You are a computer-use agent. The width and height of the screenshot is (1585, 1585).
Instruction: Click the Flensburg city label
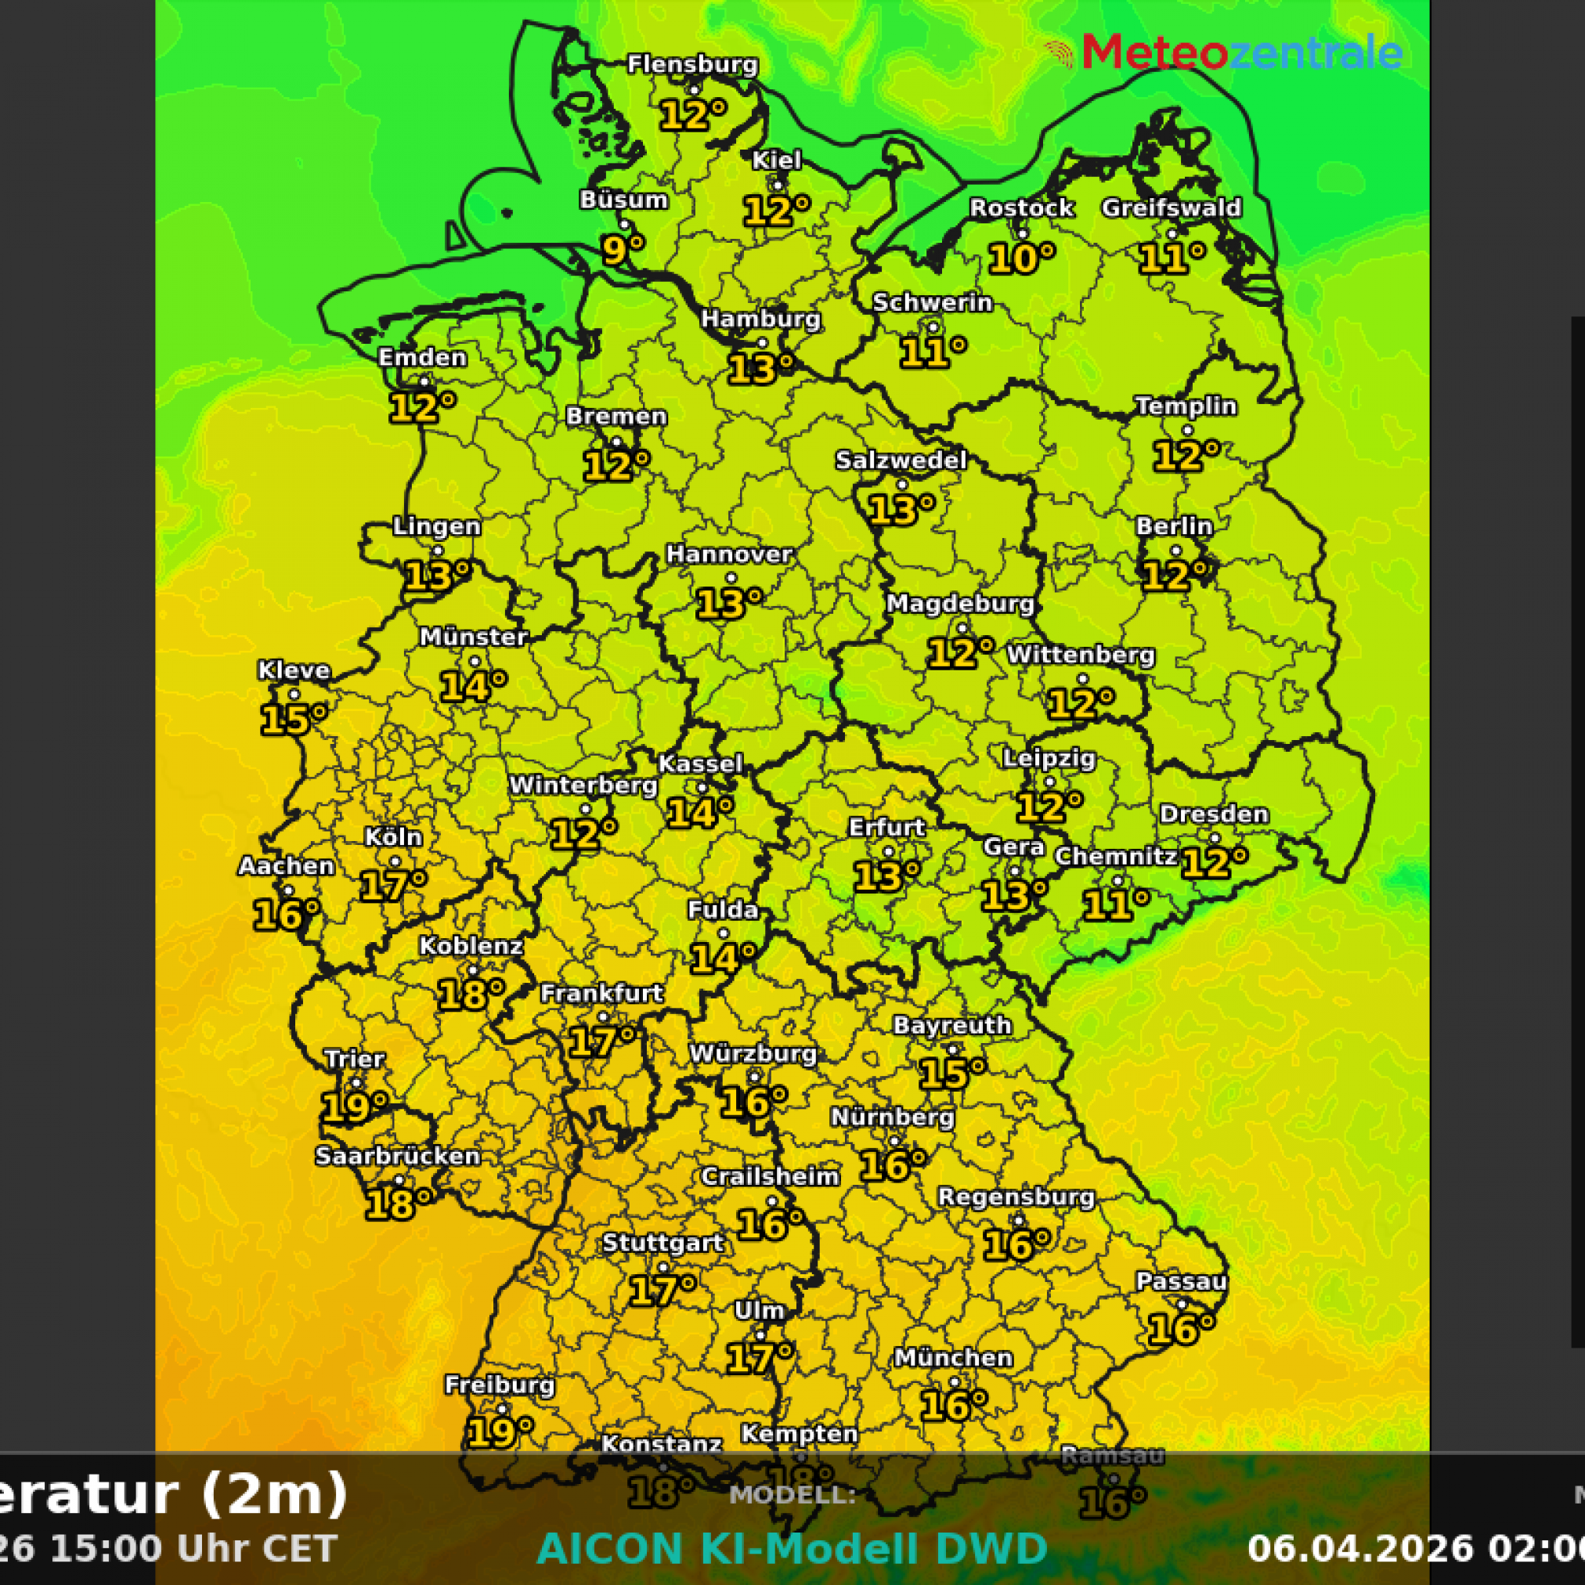coord(692,64)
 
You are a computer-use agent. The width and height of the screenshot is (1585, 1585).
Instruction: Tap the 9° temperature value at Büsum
coord(622,248)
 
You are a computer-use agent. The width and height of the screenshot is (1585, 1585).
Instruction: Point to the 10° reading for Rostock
coord(1020,258)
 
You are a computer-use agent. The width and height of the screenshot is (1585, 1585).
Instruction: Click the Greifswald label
coord(1171,208)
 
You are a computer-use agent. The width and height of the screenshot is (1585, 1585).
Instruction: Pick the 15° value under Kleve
coord(292,720)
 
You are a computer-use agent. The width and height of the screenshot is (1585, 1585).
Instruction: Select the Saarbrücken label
coord(397,1156)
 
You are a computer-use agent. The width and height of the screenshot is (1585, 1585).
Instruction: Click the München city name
coord(952,1358)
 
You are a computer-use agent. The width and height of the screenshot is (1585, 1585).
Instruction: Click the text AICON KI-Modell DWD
coord(792,1549)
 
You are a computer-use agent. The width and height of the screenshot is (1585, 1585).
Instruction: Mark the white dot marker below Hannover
coord(730,579)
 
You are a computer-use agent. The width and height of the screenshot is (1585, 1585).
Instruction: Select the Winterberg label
coord(583,785)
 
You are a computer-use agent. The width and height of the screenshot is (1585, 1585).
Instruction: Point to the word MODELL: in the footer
coord(792,1495)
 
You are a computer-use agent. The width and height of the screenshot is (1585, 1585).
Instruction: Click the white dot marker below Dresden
coord(1214,838)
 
